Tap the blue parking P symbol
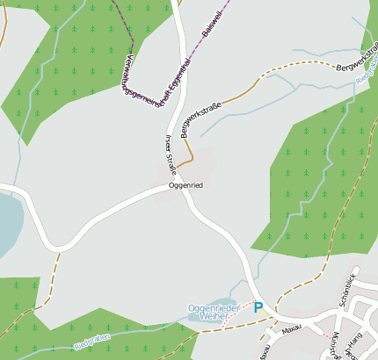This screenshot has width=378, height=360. [x=258, y=308]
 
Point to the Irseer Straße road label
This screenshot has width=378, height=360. [x=171, y=155]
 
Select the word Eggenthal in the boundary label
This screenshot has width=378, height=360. [x=185, y=76]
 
